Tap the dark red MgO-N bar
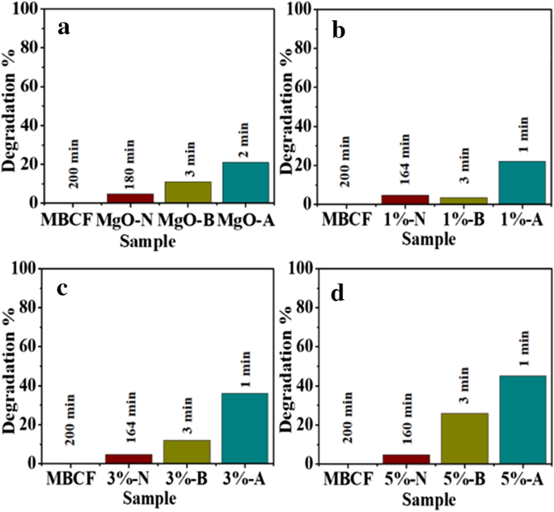pyautogui.click(x=130, y=198)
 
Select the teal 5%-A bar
pyautogui.click(x=522, y=419)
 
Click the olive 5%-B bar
pyautogui.click(x=464, y=438)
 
